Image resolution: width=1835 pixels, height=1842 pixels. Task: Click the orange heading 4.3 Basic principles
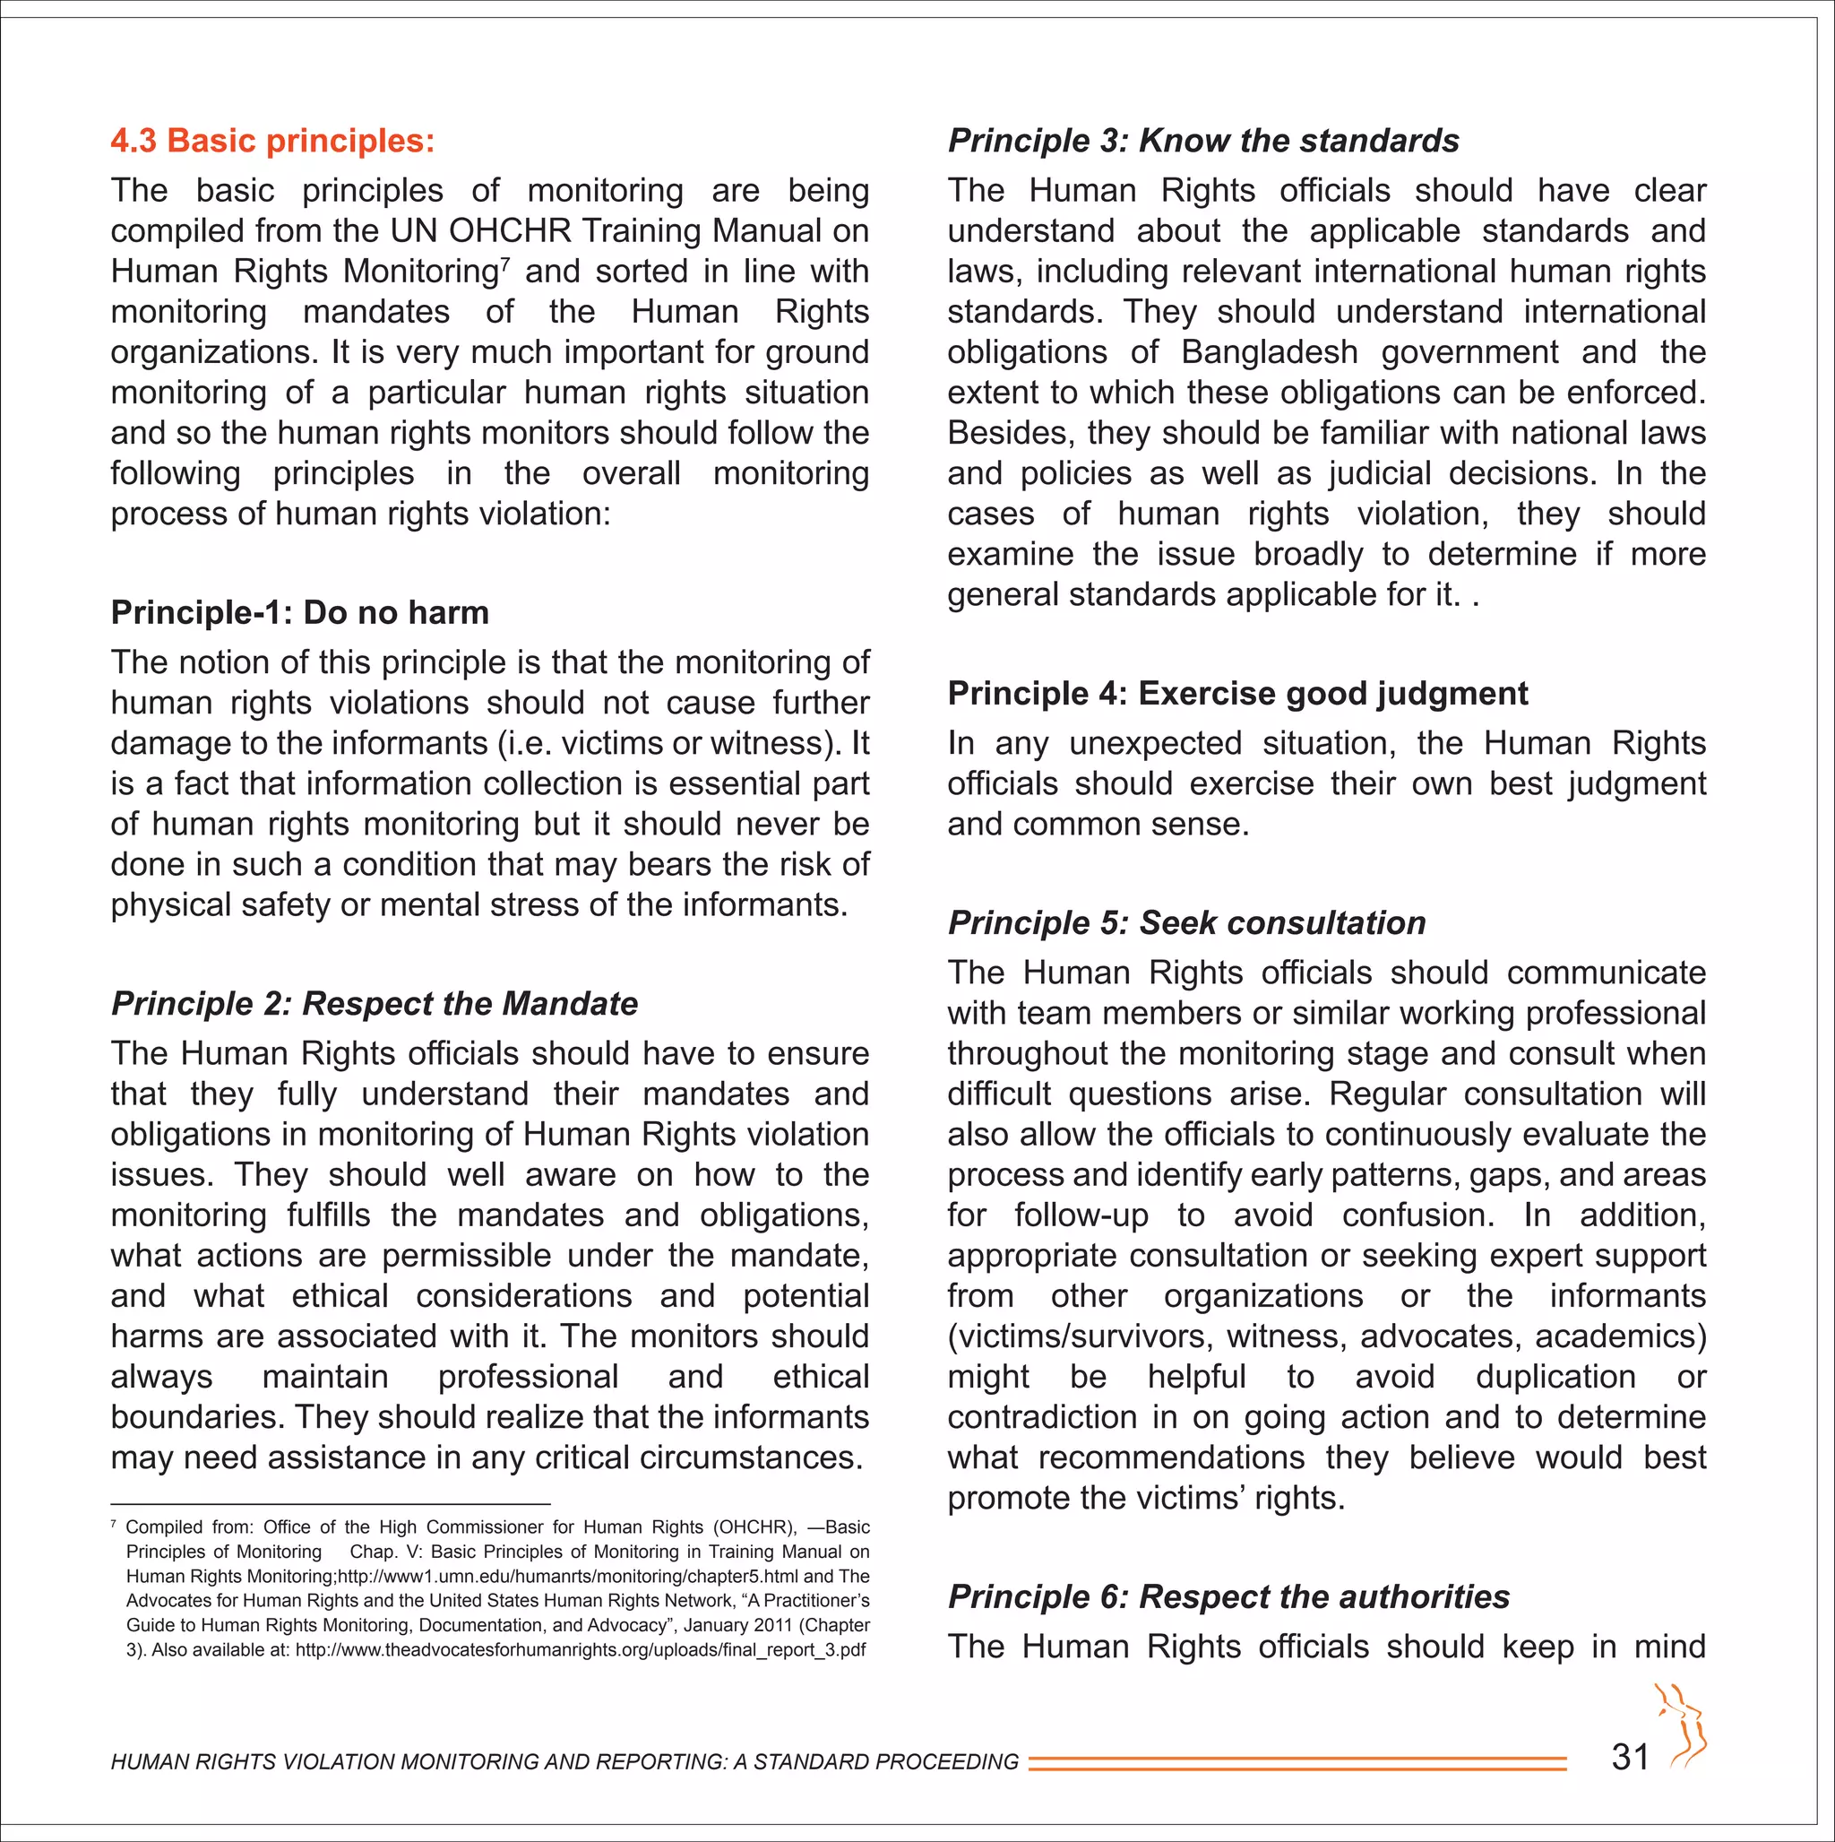click(x=271, y=141)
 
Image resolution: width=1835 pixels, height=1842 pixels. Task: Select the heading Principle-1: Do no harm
click(x=299, y=612)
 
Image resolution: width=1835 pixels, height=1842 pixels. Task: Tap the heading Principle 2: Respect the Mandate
click(x=374, y=1003)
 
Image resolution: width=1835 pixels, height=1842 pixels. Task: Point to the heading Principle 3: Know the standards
click(x=1203, y=141)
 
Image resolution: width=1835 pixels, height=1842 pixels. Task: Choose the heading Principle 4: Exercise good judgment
click(x=1237, y=693)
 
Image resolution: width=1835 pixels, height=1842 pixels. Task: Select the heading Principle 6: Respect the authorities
click(x=1228, y=1596)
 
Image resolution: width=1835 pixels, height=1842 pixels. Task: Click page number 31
click(x=1630, y=1757)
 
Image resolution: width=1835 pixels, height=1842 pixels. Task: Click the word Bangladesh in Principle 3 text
click(x=1269, y=351)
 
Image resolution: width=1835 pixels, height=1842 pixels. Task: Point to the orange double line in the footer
click(x=1297, y=1763)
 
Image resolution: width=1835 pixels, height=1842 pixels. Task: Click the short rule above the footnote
click(x=330, y=1503)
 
